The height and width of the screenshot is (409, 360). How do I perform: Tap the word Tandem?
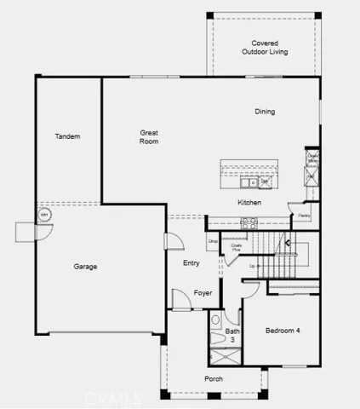pyautogui.click(x=67, y=136)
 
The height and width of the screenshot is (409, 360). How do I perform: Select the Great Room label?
pyautogui.click(x=150, y=136)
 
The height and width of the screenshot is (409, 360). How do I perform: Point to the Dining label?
pyautogui.click(x=265, y=112)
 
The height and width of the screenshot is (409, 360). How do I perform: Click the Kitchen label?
pyautogui.click(x=249, y=203)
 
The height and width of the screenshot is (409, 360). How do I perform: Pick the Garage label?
pyautogui.click(x=85, y=267)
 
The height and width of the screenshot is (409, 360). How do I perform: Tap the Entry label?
pyautogui.click(x=191, y=262)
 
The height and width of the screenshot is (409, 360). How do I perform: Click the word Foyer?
pyautogui.click(x=203, y=293)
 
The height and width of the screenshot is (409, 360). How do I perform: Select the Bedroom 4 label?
pyautogui.click(x=283, y=331)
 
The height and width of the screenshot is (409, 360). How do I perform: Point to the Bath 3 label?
pyautogui.click(x=232, y=335)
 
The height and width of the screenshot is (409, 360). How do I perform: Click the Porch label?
pyautogui.click(x=213, y=378)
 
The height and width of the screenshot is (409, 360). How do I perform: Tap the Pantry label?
pyautogui.click(x=304, y=216)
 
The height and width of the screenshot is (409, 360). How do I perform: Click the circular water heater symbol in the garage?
pyautogui.click(x=44, y=215)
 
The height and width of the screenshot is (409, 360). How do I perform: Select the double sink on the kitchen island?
pyautogui.click(x=246, y=182)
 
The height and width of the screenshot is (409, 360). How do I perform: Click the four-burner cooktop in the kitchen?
pyautogui.click(x=249, y=222)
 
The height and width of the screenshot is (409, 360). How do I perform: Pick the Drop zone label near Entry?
pyautogui.click(x=213, y=241)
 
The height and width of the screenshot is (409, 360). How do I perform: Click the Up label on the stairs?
pyautogui.click(x=252, y=267)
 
